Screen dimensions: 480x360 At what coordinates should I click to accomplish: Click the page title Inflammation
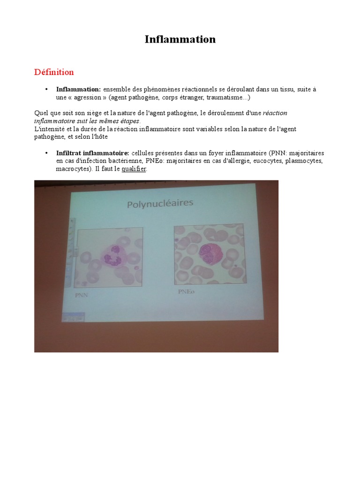tap(180, 39)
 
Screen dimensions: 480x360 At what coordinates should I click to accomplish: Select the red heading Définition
tap(54, 72)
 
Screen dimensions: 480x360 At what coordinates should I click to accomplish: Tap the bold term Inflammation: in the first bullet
tap(78, 89)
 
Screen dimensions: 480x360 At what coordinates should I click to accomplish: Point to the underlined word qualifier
tap(134, 169)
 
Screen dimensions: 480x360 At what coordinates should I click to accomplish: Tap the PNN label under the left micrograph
tap(82, 296)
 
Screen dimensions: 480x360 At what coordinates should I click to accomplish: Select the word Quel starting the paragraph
tap(41, 113)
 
